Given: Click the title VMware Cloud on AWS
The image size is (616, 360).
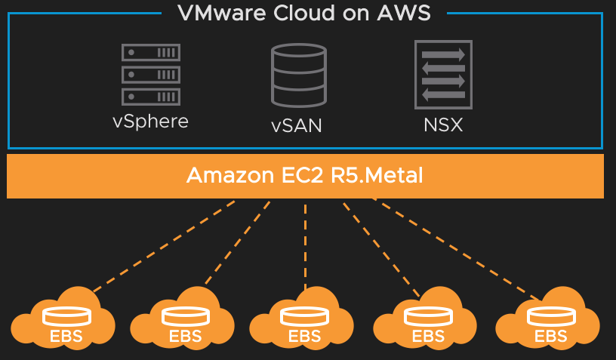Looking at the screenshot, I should pos(304,13).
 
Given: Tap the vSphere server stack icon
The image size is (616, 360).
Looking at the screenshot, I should pos(151,75).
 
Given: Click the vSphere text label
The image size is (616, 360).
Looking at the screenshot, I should pos(150,122).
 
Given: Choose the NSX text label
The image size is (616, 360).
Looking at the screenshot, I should pos(443,125).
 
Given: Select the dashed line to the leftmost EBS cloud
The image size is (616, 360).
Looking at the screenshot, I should pos(162,245).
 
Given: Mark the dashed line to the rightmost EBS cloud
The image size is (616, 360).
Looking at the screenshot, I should pos(457,249).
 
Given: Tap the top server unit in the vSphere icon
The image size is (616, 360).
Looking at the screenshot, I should pos(151,54).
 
